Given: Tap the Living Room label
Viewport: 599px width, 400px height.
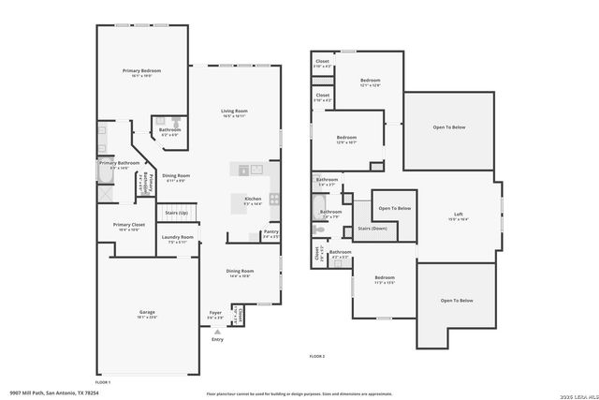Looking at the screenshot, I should coord(234,111).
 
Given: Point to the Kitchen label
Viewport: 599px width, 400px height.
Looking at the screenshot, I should coord(253,199).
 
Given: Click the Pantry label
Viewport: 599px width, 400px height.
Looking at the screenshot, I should coord(270,231).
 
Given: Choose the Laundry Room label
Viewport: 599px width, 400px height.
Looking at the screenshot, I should coord(177,237).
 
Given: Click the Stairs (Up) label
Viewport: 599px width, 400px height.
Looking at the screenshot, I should coord(177,213).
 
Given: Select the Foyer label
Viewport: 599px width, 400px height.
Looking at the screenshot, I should coord(215,312).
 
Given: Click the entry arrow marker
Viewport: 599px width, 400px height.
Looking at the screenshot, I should coord(217,331).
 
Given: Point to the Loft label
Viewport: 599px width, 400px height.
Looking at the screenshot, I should coord(459,215).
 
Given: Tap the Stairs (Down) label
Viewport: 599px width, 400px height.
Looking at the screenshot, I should coord(373,228).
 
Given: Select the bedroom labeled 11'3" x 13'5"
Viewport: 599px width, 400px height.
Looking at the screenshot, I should coord(385,277).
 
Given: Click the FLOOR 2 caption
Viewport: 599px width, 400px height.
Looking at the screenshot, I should coord(317,356).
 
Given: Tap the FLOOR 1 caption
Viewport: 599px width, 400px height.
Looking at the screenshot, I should coord(103,382).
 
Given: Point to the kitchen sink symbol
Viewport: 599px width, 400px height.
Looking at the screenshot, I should coord(243,170).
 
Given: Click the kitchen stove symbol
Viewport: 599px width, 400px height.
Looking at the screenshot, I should coord(274,198).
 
